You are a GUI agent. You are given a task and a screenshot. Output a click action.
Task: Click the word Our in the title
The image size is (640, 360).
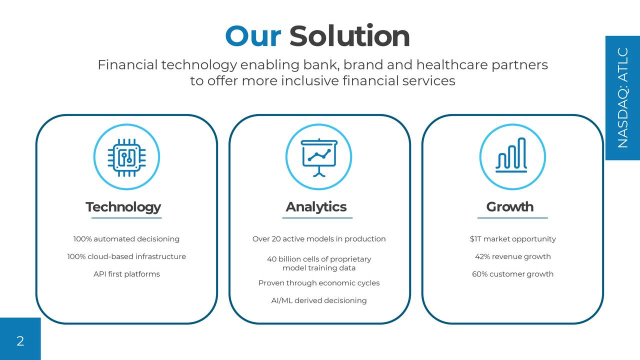coord(253,36)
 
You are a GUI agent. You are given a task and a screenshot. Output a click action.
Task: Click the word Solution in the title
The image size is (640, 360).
coord(349,36)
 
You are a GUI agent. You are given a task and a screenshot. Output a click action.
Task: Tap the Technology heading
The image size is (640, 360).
coord(123,207)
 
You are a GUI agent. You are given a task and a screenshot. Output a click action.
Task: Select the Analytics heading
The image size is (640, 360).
coord(316,207)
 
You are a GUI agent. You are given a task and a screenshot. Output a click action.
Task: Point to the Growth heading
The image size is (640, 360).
coord(509,207)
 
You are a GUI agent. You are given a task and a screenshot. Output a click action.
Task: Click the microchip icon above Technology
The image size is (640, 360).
coord(126,157)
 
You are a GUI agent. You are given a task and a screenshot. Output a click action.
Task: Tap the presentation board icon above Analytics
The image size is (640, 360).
coord(318,157)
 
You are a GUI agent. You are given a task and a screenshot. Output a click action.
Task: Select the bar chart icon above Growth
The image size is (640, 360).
coord(512,157)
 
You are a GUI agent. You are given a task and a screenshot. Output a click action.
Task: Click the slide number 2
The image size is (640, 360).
coord(20,341)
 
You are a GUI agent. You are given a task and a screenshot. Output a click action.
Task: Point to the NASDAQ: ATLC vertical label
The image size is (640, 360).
coord(622,98)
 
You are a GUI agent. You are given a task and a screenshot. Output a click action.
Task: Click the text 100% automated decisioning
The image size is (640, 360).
coord(126,239)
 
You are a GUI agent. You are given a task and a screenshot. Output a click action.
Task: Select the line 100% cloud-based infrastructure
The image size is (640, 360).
coord(126,256)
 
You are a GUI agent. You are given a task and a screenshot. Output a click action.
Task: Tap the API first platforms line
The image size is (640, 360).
coord(126,274)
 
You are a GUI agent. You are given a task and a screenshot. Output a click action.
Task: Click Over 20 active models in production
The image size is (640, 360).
coord(319,239)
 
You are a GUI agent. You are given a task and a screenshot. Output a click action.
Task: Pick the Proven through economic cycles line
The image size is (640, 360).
coord(319,283)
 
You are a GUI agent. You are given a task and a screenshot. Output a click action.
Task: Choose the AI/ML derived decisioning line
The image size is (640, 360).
coord(319,300)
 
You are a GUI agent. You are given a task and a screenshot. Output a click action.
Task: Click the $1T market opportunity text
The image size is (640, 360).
coord(512,239)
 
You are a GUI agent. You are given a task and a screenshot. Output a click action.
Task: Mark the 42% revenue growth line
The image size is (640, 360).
coord(512,256)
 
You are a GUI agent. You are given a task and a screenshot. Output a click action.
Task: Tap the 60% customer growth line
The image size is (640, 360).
coord(512,274)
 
